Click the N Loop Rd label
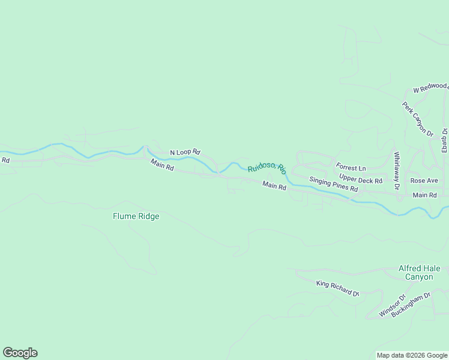pos(185,152)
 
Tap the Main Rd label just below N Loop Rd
pos(162,165)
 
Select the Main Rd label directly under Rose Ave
pos(424,195)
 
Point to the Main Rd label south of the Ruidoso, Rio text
pos(274,187)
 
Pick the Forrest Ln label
pos(351,167)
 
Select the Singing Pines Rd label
pos(334,184)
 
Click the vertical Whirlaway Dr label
pos(397,171)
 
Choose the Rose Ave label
pos(424,181)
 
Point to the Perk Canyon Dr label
pos(418,119)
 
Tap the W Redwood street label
pos(430,88)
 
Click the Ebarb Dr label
pos(445,139)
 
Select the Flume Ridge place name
pos(136,216)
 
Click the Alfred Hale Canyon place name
pos(419,272)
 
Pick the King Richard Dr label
pos(337,288)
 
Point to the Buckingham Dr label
pos(411,305)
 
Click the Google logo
pos(20,353)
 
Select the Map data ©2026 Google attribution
pos(411,355)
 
